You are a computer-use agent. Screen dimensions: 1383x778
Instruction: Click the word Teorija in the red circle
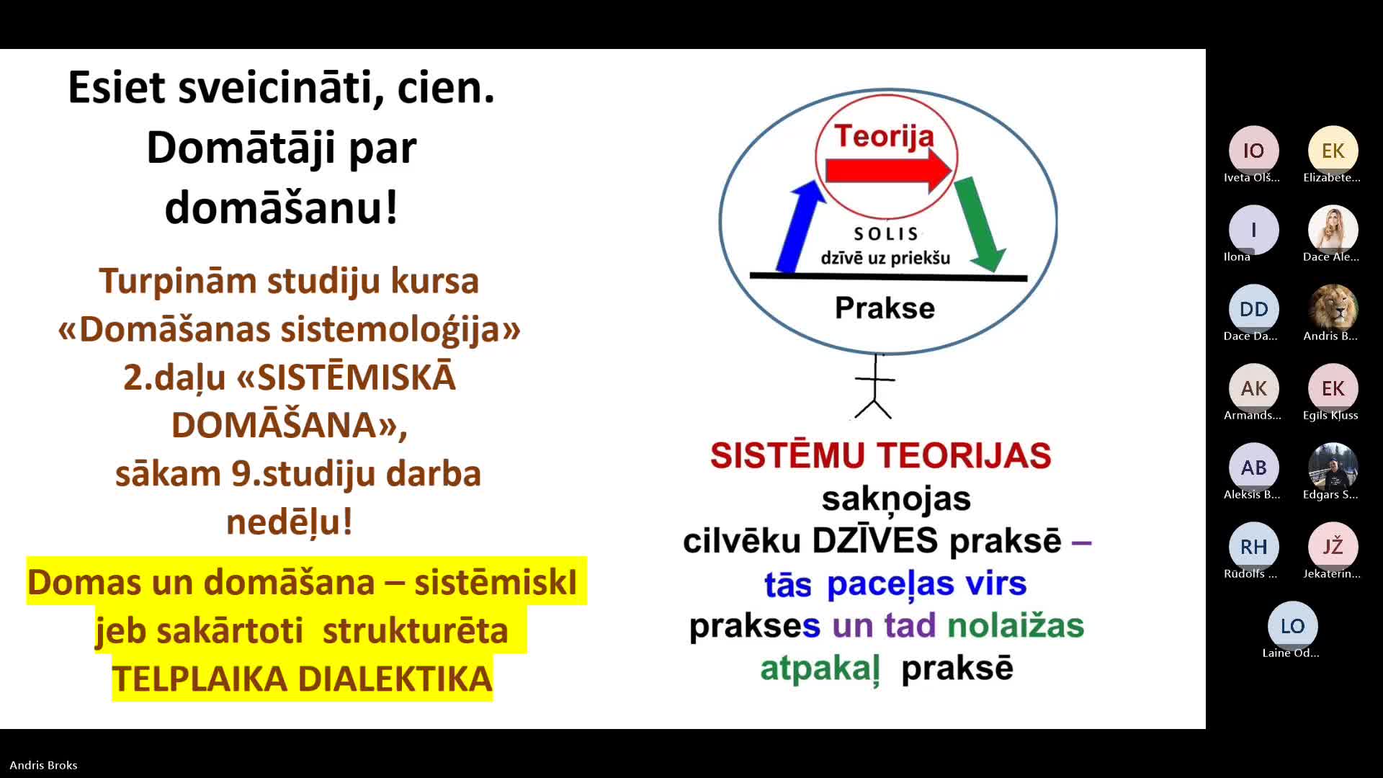(x=884, y=135)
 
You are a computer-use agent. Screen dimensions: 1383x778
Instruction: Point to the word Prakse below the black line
(x=885, y=308)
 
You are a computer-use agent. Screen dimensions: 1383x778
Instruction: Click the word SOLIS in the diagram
(x=886, y=234)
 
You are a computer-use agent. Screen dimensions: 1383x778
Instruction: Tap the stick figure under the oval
(x=874, y=387)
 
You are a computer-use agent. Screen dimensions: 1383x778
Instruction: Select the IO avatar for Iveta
(x=1253, y=151)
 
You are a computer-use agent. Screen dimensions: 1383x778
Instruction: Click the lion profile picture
(x=1333, y=309)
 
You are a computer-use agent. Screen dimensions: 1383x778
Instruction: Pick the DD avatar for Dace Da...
(x=1253, y=309)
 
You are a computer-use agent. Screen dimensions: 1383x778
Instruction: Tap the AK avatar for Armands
(x=1253, y=388)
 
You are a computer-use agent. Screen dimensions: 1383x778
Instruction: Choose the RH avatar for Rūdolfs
(x=1253, y=547)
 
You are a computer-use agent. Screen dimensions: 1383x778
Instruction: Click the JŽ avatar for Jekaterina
(x=1333, y=547)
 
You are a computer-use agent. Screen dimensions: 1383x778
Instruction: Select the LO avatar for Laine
(x=1292, y=626)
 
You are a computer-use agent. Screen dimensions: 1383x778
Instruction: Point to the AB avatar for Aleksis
(x=1253, y=468)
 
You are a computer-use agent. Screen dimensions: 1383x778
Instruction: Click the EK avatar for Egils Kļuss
(x=1333, y=388)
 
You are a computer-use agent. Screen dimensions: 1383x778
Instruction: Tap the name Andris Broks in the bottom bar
(x=43, y=765)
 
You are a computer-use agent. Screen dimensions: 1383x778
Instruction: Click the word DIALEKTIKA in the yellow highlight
(x=395, y=679)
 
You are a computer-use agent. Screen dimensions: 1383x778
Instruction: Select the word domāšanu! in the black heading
(x=281, y=207)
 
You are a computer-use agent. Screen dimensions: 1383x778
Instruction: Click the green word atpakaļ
(x=820, y=669)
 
